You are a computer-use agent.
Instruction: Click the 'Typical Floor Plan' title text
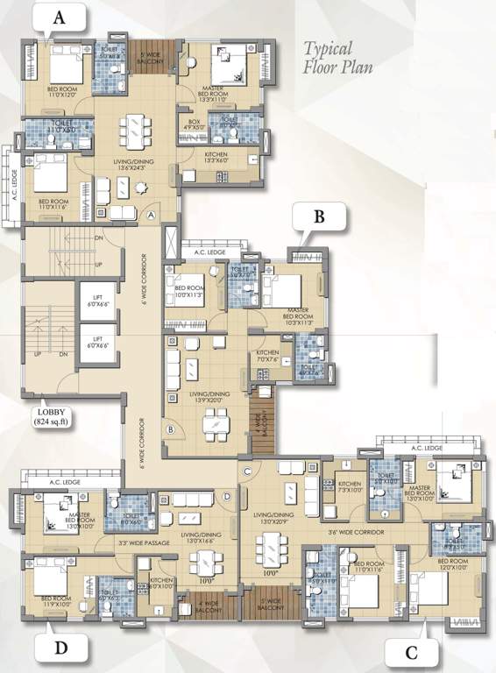coord(329,57)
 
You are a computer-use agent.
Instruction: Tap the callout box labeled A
coord(59,18)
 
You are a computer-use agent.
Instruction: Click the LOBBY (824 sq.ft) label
coord(54,415)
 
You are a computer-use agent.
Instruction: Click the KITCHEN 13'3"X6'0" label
coord(215,158)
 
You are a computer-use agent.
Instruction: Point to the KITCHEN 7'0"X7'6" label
coord(267,358)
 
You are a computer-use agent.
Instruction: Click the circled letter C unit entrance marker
coord(247,473)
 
